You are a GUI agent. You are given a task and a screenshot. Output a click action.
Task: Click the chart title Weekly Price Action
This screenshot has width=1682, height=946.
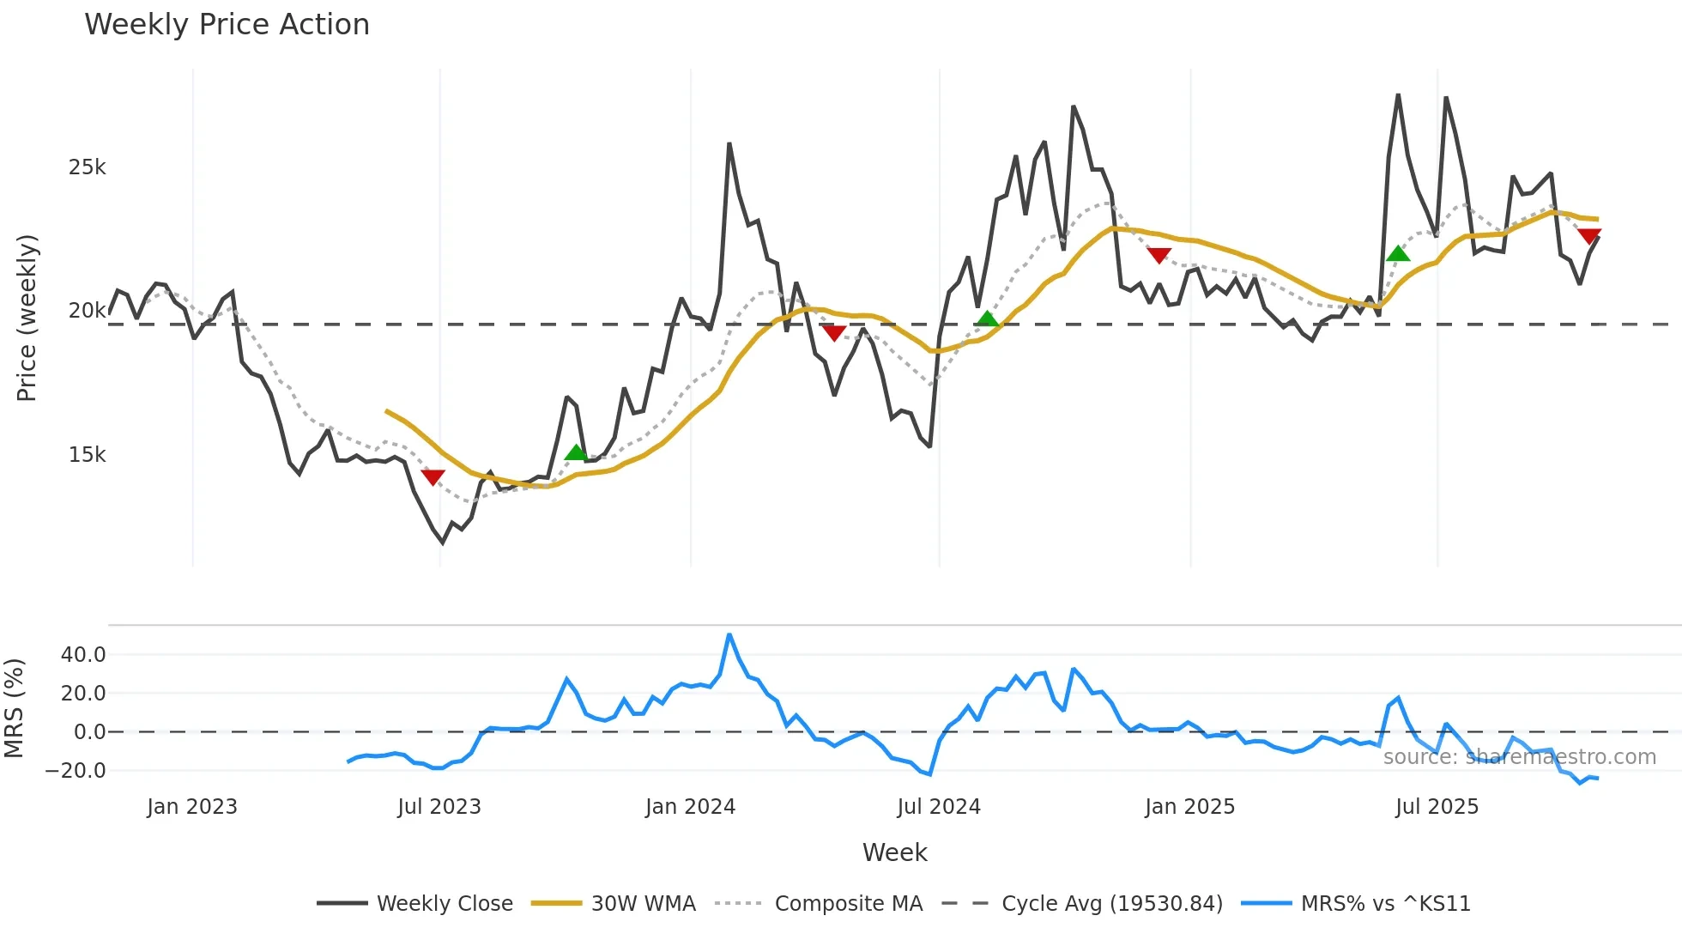click(x=227, y=25)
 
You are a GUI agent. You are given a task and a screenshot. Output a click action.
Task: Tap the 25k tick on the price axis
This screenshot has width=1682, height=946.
click(x=87, y=167)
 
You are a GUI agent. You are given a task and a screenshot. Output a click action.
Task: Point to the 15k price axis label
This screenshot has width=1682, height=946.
click(x=87, y=455)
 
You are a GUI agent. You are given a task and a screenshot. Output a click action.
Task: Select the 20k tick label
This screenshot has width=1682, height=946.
click(x=87, y=311)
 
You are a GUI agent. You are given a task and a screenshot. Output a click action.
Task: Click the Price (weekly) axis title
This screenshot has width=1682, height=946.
click(x=27, y=318)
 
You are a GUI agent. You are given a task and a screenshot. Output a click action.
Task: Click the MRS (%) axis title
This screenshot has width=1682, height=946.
click(x=14, y=708)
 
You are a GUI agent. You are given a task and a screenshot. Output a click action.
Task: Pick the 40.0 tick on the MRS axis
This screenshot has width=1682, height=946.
click(x=83, y=655)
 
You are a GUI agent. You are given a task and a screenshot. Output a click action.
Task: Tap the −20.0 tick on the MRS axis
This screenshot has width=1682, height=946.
click(x=76, y=771)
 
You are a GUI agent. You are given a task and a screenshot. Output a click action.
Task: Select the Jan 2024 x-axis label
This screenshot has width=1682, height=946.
click(x=690, y=807)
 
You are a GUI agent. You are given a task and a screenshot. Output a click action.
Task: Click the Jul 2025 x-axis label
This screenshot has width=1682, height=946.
click(x=1437, y=807)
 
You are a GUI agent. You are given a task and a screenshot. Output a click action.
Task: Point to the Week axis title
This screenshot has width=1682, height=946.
click(x=894, y=852)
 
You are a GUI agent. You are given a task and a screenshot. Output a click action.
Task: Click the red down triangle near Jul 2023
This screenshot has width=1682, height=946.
click(x=433, y=477)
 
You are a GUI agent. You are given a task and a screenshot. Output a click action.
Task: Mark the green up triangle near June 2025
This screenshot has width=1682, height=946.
click(x=1398, y=253)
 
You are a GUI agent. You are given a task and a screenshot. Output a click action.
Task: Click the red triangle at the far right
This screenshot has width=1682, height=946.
click(x=1589, y=236)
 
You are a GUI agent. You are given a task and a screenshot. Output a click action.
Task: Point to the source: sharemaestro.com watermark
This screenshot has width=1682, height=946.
click(x=1519, y=757)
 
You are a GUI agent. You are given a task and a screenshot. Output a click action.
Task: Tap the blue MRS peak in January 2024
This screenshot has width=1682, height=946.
click(x=729, y=635)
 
